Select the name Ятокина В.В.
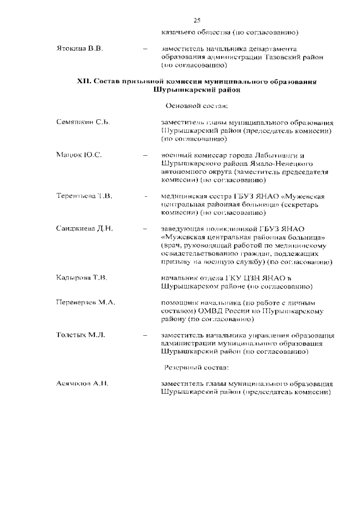79,49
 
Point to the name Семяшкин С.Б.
83,122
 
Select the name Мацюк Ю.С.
79,155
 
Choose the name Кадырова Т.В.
82,278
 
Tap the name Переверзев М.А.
85,303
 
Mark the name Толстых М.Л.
80,335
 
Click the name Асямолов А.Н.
82,384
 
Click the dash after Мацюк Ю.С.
146,155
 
